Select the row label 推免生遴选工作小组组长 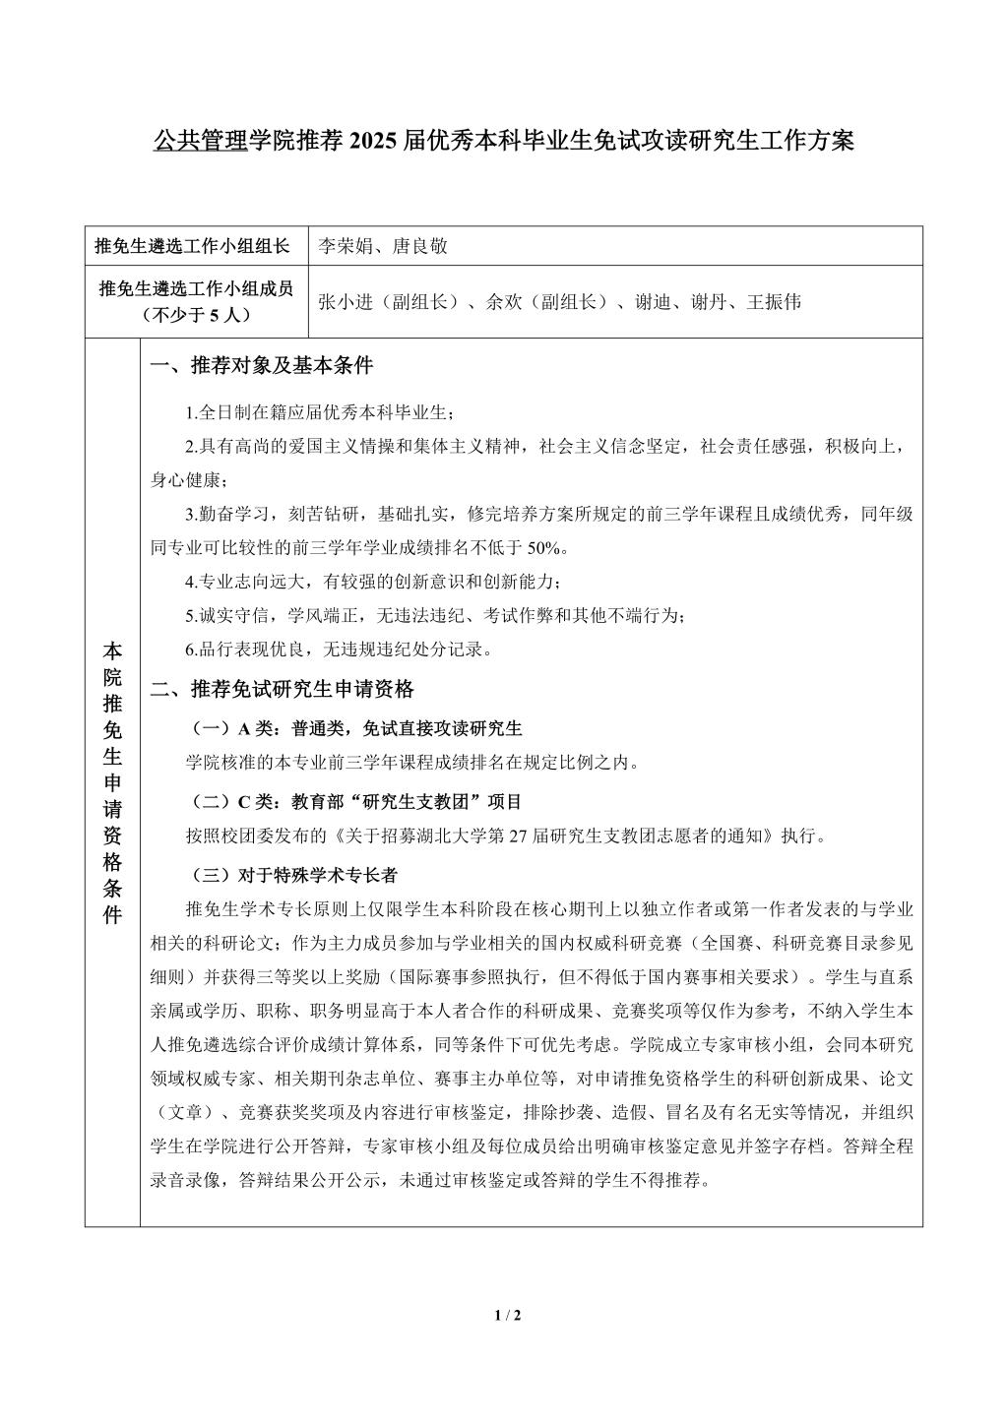click(x=192, y=246)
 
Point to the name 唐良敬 click(x=420, y=246)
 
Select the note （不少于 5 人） click(x=196, y=315)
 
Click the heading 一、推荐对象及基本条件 click(x=261, y=367)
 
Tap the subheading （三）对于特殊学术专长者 click(x=292, y=875)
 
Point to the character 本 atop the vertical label click(x=112, y=651)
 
